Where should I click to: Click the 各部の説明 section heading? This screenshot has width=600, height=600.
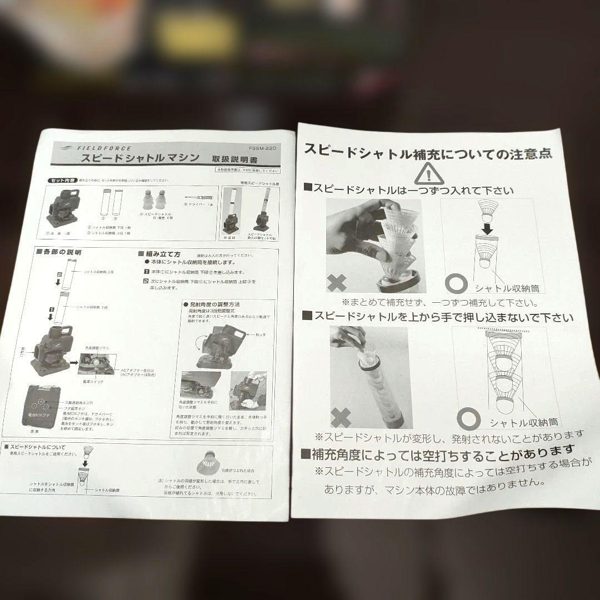coord(61,252)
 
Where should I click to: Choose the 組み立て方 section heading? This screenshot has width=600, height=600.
coord(161,254)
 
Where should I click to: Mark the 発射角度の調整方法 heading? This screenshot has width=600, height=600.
coord(214,304)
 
